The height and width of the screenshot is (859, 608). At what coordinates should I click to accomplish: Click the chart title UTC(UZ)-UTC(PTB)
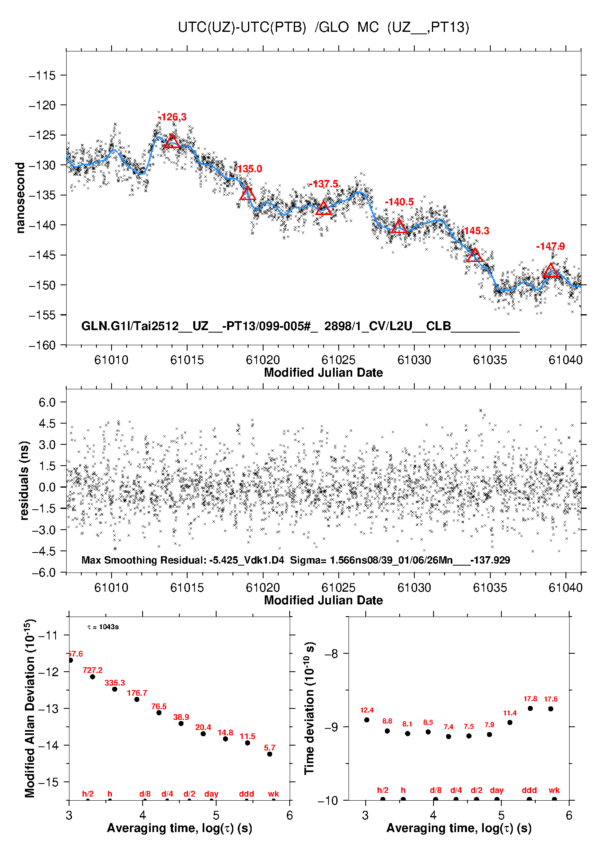pos(242,27)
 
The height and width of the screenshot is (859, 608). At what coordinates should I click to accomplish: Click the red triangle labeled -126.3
pos(172,142)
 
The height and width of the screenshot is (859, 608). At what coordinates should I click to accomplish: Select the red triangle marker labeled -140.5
pos(399,227)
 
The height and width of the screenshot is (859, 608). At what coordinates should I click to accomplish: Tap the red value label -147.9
pos(550,246)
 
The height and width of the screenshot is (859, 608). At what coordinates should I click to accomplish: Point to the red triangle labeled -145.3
pos(474,256)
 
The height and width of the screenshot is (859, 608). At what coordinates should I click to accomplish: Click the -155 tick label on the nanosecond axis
pos(42,315)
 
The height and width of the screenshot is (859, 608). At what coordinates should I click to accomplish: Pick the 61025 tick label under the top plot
pos(338,360)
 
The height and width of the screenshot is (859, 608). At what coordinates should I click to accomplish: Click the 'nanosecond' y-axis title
pos(20,198)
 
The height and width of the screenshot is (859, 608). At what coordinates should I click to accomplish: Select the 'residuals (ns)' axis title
pos(24,480)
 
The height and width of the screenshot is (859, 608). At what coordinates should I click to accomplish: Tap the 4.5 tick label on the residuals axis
pos(47,424)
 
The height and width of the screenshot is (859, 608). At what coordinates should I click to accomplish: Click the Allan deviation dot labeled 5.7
pos(270,754)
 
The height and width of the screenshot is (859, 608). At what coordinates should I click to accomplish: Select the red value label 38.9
pos(181,717)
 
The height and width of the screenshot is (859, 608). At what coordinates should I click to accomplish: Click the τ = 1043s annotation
pos(103,627)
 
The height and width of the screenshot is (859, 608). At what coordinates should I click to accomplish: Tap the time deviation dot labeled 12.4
pos(367,720)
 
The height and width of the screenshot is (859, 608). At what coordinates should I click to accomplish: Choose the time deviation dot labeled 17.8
pos(530,708)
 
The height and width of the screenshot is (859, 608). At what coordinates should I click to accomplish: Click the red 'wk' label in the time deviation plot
pos(554,790)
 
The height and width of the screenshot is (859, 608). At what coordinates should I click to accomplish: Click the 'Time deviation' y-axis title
pos(310,708)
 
